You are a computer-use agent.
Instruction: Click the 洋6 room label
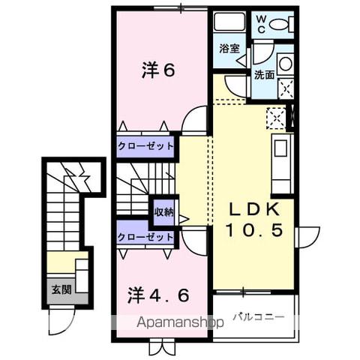[x=158, y=70]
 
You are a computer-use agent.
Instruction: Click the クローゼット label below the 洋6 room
[x=145, y=145]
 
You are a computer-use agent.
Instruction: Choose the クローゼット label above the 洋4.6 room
[x=145, y=237]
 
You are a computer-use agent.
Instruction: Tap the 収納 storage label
[x=163, y=212]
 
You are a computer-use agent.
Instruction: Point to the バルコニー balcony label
[x=258, y=317]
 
